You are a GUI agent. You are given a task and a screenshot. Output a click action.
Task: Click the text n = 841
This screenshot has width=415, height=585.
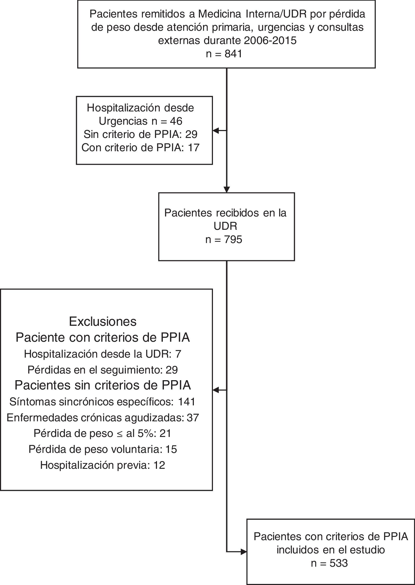tap(224, 54)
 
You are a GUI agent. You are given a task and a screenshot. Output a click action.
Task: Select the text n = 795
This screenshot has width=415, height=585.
tap(224, 240)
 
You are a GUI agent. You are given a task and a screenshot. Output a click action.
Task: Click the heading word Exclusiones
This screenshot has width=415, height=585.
tap(103, 322)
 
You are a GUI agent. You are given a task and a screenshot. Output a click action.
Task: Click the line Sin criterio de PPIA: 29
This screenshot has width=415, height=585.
tap(141, 135)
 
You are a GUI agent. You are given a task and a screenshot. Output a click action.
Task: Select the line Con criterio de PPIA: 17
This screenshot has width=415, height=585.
tap(141, 148)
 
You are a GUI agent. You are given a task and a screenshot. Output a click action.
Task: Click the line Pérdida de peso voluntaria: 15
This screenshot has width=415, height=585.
tap(103, 449)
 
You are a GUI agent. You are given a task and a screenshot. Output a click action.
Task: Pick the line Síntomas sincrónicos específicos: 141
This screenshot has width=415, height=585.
tap(103, 402)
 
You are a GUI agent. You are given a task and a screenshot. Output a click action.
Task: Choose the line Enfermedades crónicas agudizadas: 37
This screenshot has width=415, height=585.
tap(103, 418)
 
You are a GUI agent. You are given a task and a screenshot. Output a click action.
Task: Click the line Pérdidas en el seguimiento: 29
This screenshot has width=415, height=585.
tap(103, 370)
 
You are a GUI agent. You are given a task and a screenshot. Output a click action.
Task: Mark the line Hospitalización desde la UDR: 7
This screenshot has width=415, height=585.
tap(103, 354)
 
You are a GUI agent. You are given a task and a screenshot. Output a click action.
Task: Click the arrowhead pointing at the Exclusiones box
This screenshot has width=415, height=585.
tap(216, 390)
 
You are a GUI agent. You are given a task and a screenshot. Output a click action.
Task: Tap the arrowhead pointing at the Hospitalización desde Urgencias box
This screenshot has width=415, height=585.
tap(216, 131)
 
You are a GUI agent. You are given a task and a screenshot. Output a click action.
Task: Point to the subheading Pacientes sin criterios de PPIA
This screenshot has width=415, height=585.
tap(103, 385)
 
